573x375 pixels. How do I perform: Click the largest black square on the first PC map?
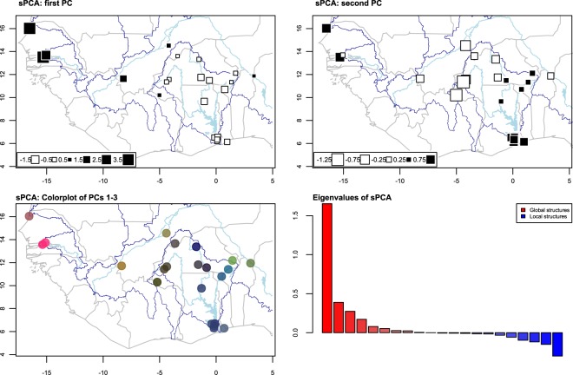[29, 28]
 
